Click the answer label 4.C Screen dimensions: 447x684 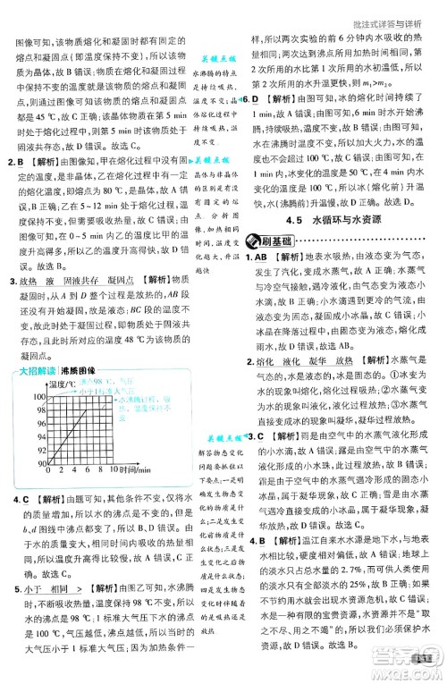click(15, 497)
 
